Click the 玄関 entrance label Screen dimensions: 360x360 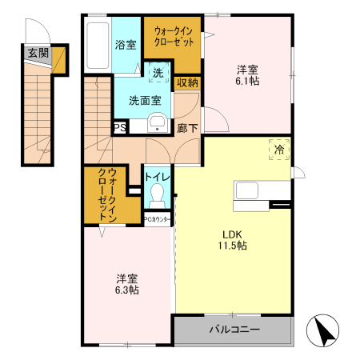click(37, 53)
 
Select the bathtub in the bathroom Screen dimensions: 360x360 click(97, 45)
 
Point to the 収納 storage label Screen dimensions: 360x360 click(187, 82)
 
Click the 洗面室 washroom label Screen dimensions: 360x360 click(145, 101)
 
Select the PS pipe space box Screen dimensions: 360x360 click(120, 126)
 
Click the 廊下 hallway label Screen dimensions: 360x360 click(188, 127)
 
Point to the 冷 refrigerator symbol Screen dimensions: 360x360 click(279, 150)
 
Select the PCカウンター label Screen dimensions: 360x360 click(158, 218)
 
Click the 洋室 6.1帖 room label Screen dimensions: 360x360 click(247, 74)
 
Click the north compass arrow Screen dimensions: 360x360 click(326, 330)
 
